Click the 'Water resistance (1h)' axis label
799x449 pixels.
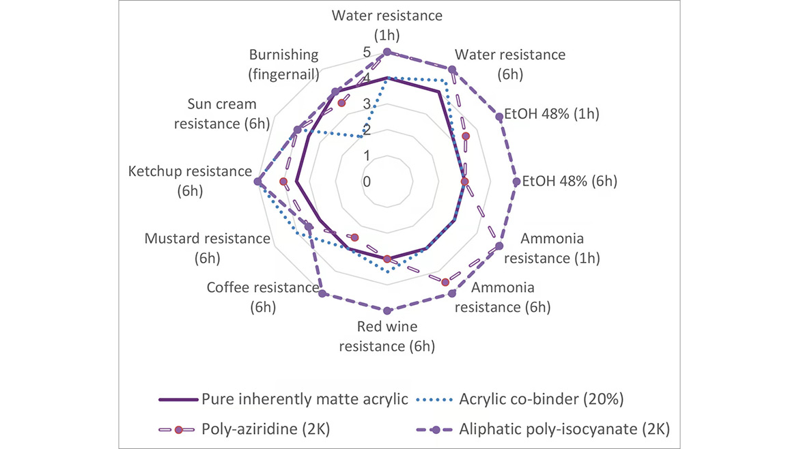(387, 24)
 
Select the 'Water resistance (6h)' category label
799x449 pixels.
(509, 63)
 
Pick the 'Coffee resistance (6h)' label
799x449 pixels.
(262, 297)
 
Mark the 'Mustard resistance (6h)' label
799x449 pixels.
(208, 248)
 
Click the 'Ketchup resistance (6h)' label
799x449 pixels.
(190, 182)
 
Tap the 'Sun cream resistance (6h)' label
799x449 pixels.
(222, 114)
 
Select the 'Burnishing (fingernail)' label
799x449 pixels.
(284, 63)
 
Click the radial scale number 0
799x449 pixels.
(367, 182)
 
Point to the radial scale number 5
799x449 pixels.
(367, 53)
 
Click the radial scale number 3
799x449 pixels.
(367, 104)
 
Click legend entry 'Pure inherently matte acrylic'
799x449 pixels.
(305, 399)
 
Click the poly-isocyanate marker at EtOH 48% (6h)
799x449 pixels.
(517, 182)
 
